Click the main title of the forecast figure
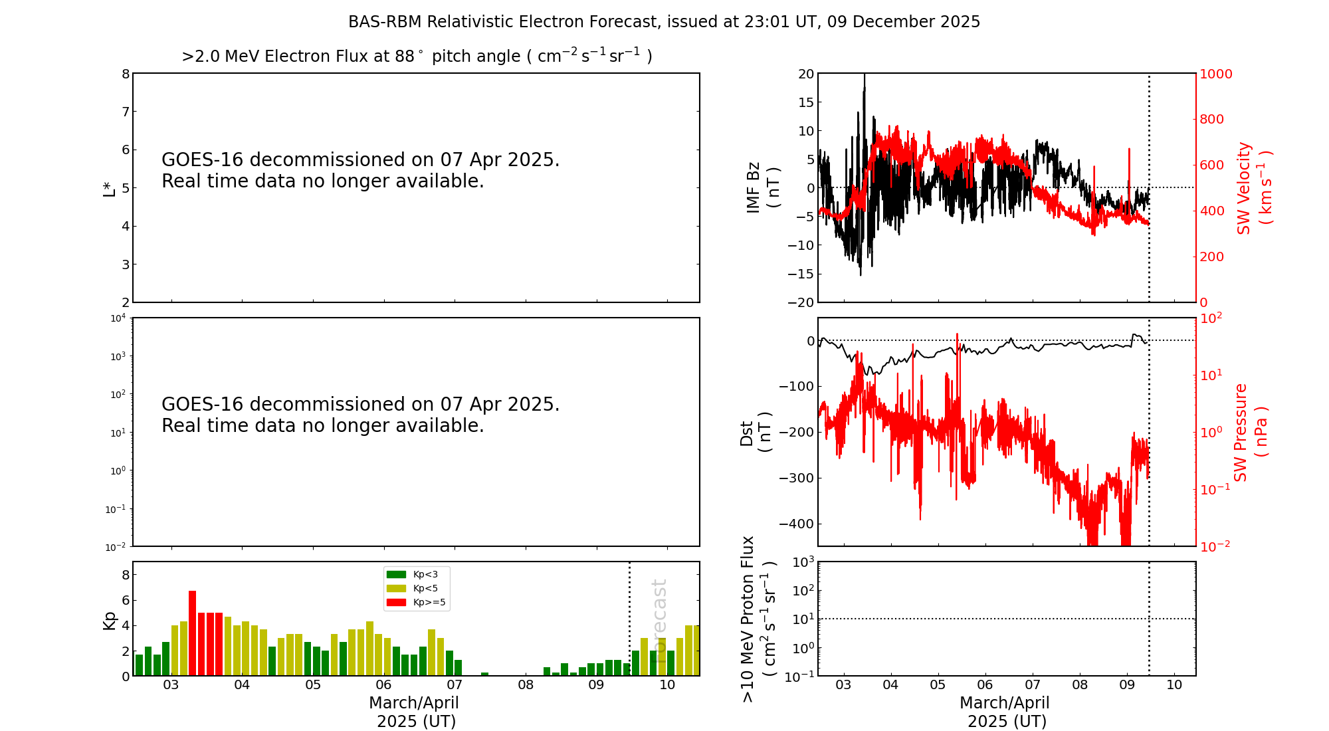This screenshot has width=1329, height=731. pos(664,22)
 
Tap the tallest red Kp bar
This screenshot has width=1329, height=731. pos(193,631)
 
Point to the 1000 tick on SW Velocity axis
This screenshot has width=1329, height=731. pos(1215,74)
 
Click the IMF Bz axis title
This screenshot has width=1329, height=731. pos(762,187)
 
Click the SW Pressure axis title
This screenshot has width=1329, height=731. pos(1250,432)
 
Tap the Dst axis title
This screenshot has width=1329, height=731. pos(756,432)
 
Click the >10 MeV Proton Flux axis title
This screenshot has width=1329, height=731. pos(758,619)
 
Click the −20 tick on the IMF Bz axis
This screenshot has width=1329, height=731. pos(801,302)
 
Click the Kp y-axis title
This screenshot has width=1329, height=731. pos(109,620)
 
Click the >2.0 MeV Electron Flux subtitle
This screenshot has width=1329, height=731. pos(417,56)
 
